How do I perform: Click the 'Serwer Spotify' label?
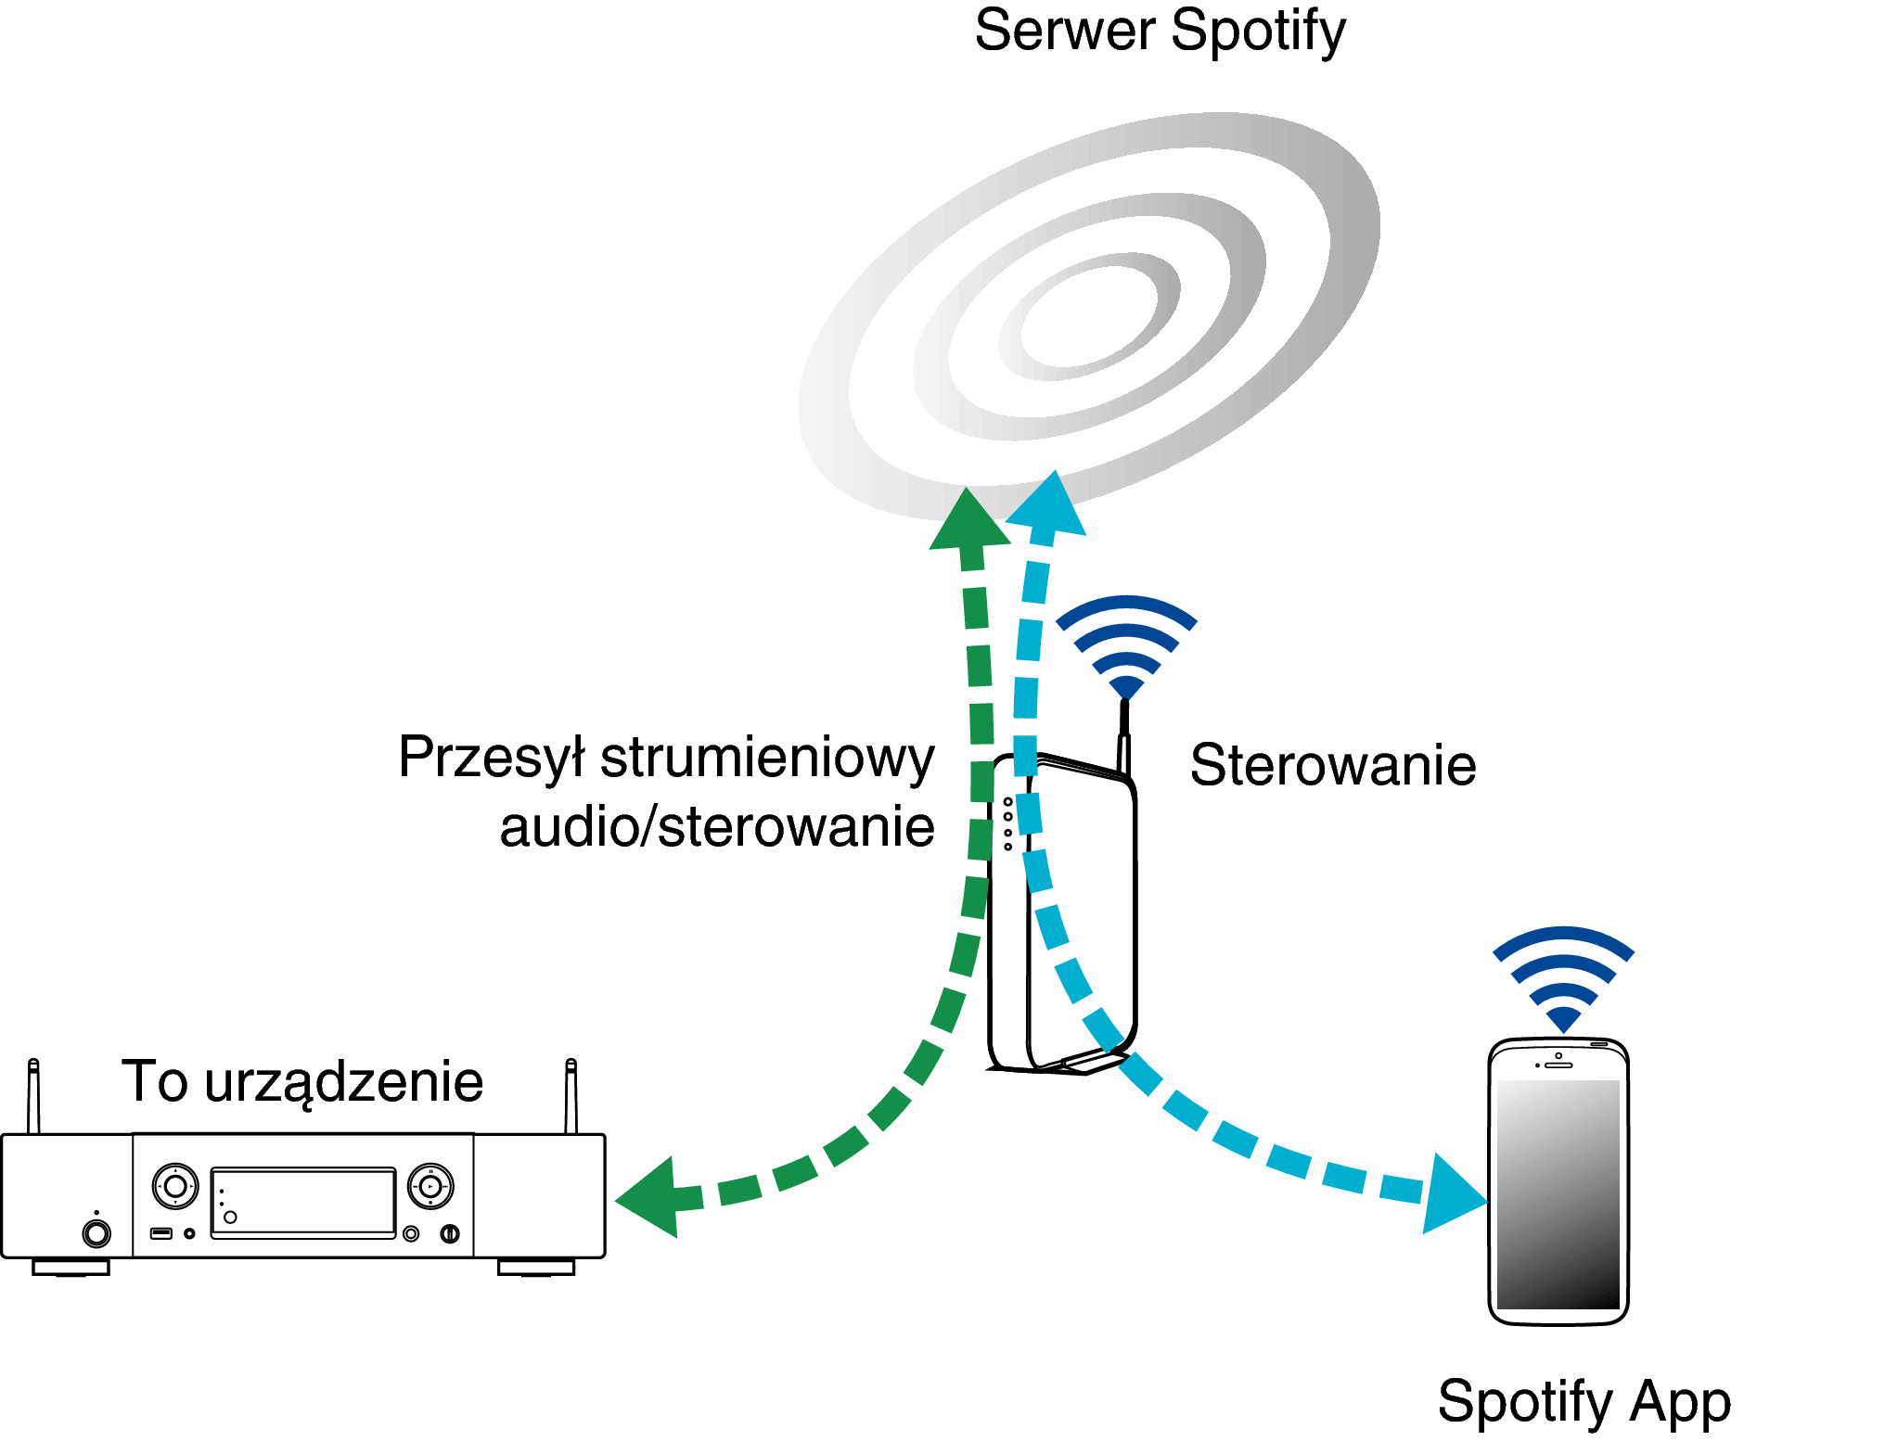(1160, 32)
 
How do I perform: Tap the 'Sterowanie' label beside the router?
(1332, 765)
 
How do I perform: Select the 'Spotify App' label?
(1584, 1400)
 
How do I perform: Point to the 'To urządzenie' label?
(302, 1081)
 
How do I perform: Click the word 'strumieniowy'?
(767, 759)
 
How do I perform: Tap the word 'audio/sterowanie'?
(716, 827)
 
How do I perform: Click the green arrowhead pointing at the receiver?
(653, 1197)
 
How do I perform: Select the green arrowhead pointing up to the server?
(968, 521)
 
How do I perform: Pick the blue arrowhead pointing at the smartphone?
(1453, 1195)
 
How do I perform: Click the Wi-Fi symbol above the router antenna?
(1126, 645)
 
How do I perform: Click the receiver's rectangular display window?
(303, 1202)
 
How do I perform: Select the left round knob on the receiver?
(175, 1186)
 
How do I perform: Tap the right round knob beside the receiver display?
(430, 1186)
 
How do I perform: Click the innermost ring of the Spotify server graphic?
(1090, 316)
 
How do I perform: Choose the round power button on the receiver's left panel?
(96, 1233)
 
